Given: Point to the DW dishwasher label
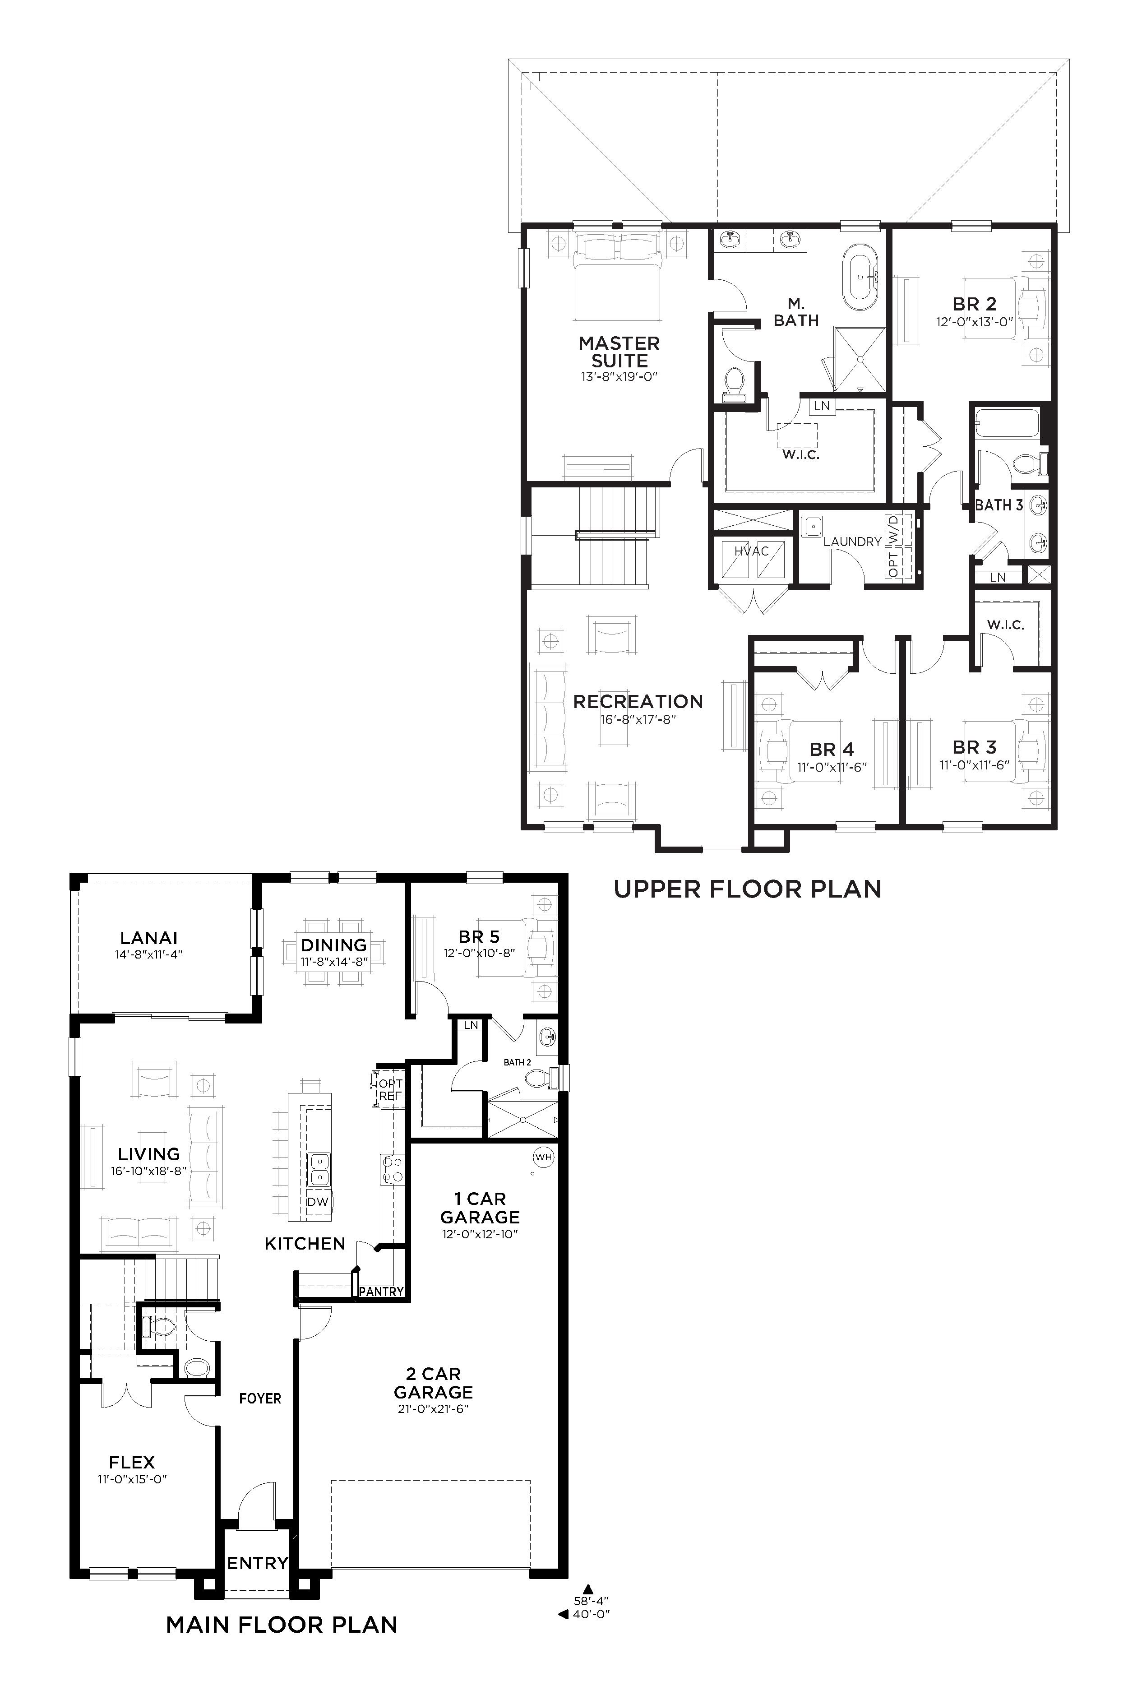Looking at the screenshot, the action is click(x=317, y=1202).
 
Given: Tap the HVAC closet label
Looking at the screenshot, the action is click(x=752, y=551).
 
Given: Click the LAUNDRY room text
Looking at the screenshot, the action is click(x=852, y=542).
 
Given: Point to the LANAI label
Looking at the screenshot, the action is click(x=149, y=938).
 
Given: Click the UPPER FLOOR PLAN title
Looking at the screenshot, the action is click(x=748, y=889).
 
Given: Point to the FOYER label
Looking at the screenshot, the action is click(x=260, y=1399).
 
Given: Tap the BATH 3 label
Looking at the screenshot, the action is click(x=999, y=505).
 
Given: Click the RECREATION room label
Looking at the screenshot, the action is click(x=638, y=701).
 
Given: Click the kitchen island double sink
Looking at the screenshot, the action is click(x=318, y=1169).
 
